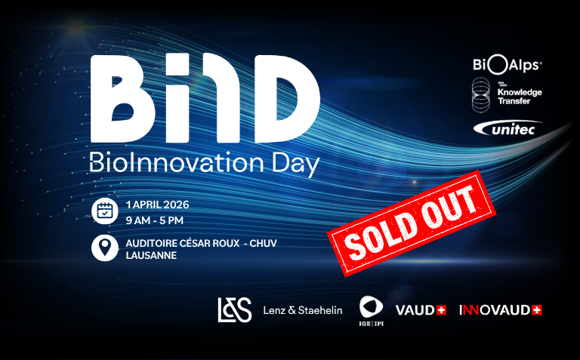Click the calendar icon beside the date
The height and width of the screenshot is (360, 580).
105,211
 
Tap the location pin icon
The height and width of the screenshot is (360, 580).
105,248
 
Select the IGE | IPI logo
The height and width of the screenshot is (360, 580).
371,310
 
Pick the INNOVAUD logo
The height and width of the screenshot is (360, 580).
500,309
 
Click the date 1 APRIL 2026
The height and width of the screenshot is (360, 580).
158,205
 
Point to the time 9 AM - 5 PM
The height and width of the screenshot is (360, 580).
156,220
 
